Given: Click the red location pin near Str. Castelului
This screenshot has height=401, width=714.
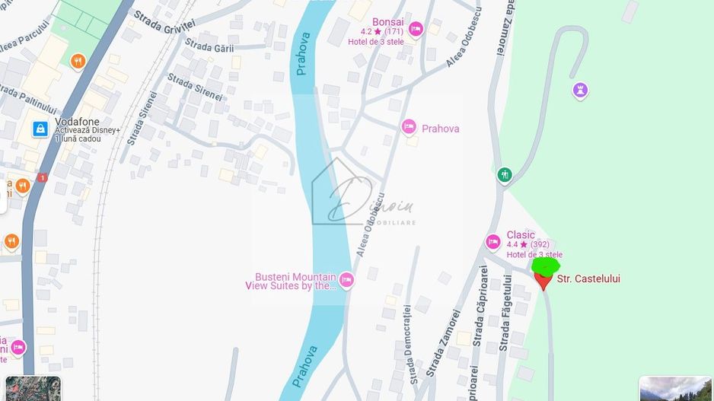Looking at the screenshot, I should (x=543, y=281).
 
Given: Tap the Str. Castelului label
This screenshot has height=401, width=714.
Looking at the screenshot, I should (x=588, y=279).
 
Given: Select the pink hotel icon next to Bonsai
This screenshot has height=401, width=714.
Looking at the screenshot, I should (x=416, y=30).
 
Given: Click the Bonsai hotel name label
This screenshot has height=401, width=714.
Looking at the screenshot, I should (x=387, y=22).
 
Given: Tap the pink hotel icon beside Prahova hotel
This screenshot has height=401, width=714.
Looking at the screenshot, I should (x=409, y=126).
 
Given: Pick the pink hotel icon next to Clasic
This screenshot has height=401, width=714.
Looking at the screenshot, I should (x=492, y=242).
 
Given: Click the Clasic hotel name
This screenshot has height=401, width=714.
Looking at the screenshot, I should (x=521, y=235).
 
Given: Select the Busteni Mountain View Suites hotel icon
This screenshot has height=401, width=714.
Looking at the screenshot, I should (x=346, y=280).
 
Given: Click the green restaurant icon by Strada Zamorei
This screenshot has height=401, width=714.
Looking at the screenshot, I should (x=504, y=175).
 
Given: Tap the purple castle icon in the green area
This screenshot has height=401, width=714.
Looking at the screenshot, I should (x=581, y=91).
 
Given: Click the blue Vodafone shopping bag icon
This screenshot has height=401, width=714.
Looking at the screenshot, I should (x=40, y=129).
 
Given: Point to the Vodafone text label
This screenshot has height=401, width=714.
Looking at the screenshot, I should (x=77, y=122).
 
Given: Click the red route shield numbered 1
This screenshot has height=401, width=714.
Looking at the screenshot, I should (x=42, y=178).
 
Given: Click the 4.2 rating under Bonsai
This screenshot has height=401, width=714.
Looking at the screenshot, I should (x=366, y=32).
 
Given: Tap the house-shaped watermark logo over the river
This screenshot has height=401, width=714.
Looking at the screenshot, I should (x=342, y=193).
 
